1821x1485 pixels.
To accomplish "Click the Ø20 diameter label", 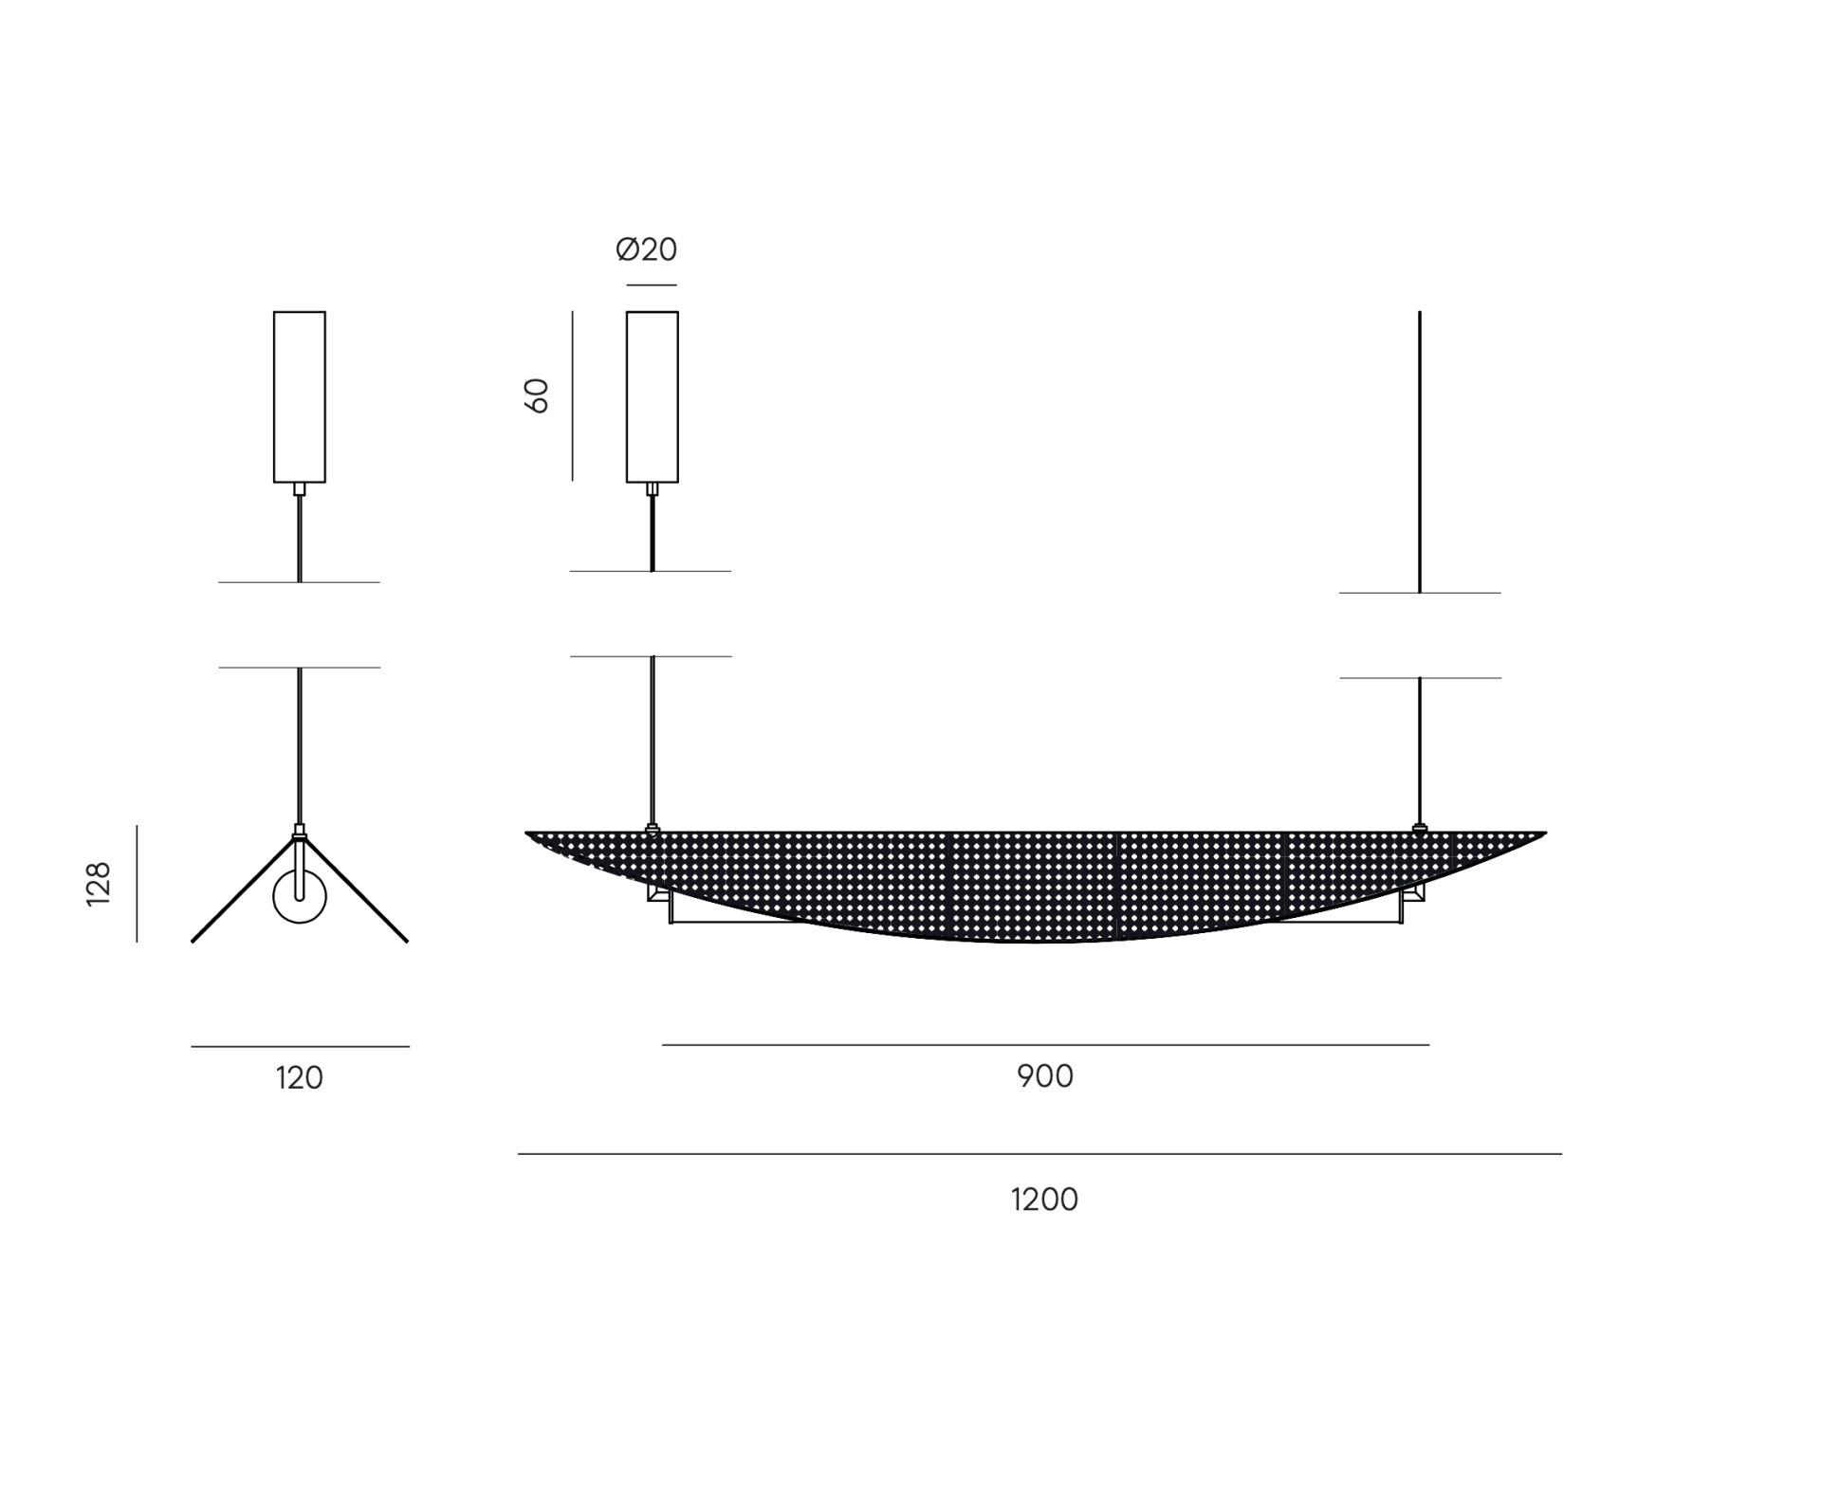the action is click(646, 249).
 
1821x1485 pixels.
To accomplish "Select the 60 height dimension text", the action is click(537, 395).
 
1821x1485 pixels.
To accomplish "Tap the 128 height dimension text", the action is click(99, 884).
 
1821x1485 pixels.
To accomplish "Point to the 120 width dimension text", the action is click(300, 1078).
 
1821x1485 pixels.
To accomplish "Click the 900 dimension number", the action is click(1045, 1076).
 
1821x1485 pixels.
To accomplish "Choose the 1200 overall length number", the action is click(1044, 1200).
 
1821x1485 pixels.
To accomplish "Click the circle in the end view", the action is click(300, 897).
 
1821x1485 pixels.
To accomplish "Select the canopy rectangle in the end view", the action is click(300, 396).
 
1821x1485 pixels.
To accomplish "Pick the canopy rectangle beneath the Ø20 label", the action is click(653, 396).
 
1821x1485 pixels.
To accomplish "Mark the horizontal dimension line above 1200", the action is click(1039, 1154).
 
